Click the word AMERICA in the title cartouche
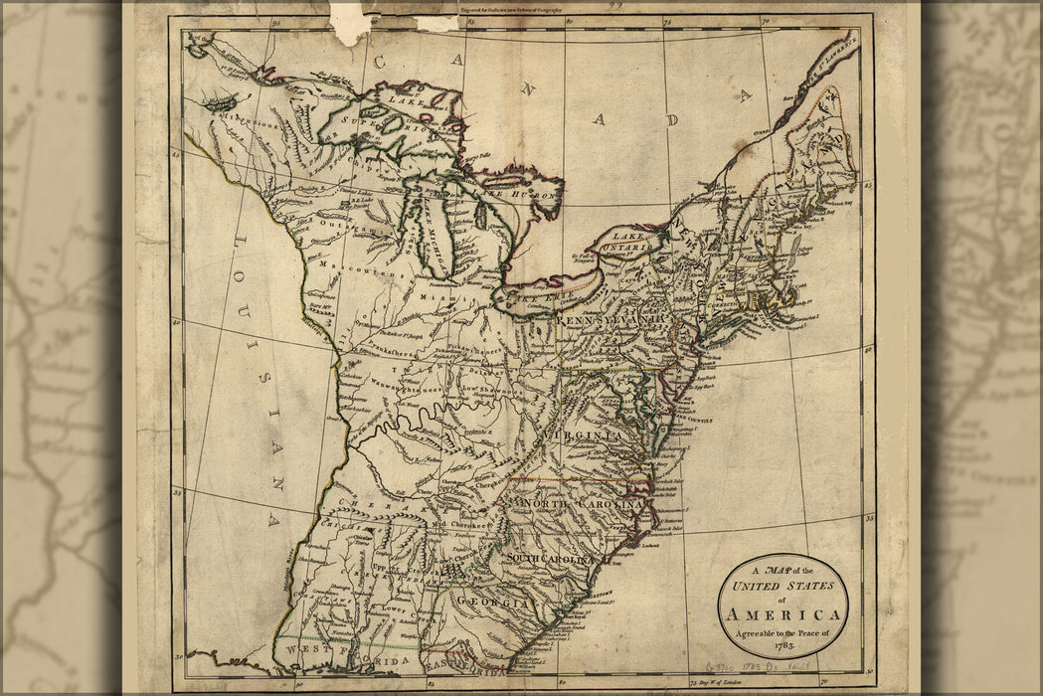[x=783, y=614]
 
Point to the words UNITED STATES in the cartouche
[x=783, y=586]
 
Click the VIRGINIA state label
[x=583, y=435]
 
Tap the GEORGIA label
[x=491, y=604]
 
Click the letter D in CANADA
[x=673, y=119]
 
